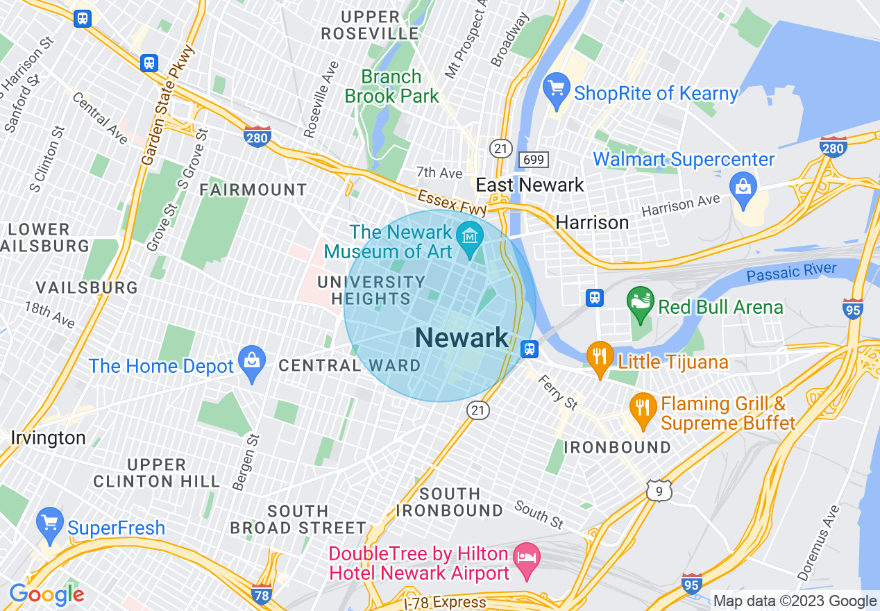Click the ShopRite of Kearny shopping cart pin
pyautogui.click(x=557, y=90)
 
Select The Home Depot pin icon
pyautogui.click(x=251, y=362)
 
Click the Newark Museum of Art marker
pyautogui.click(x=471, y=238)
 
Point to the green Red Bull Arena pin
pyautogui.click(x=641, y=303)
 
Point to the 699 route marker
pyautogui.click(x=534, y=160)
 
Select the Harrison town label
pyautogui.click(x=592, y=222)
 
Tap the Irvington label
pyautogui.click(x=48, y=438)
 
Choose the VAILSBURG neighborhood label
pyautogui.click(x=87, y=287)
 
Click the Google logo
pyautogui.click(x=46, y=594)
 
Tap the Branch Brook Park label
pyautogui.click(x=392, y=86)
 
